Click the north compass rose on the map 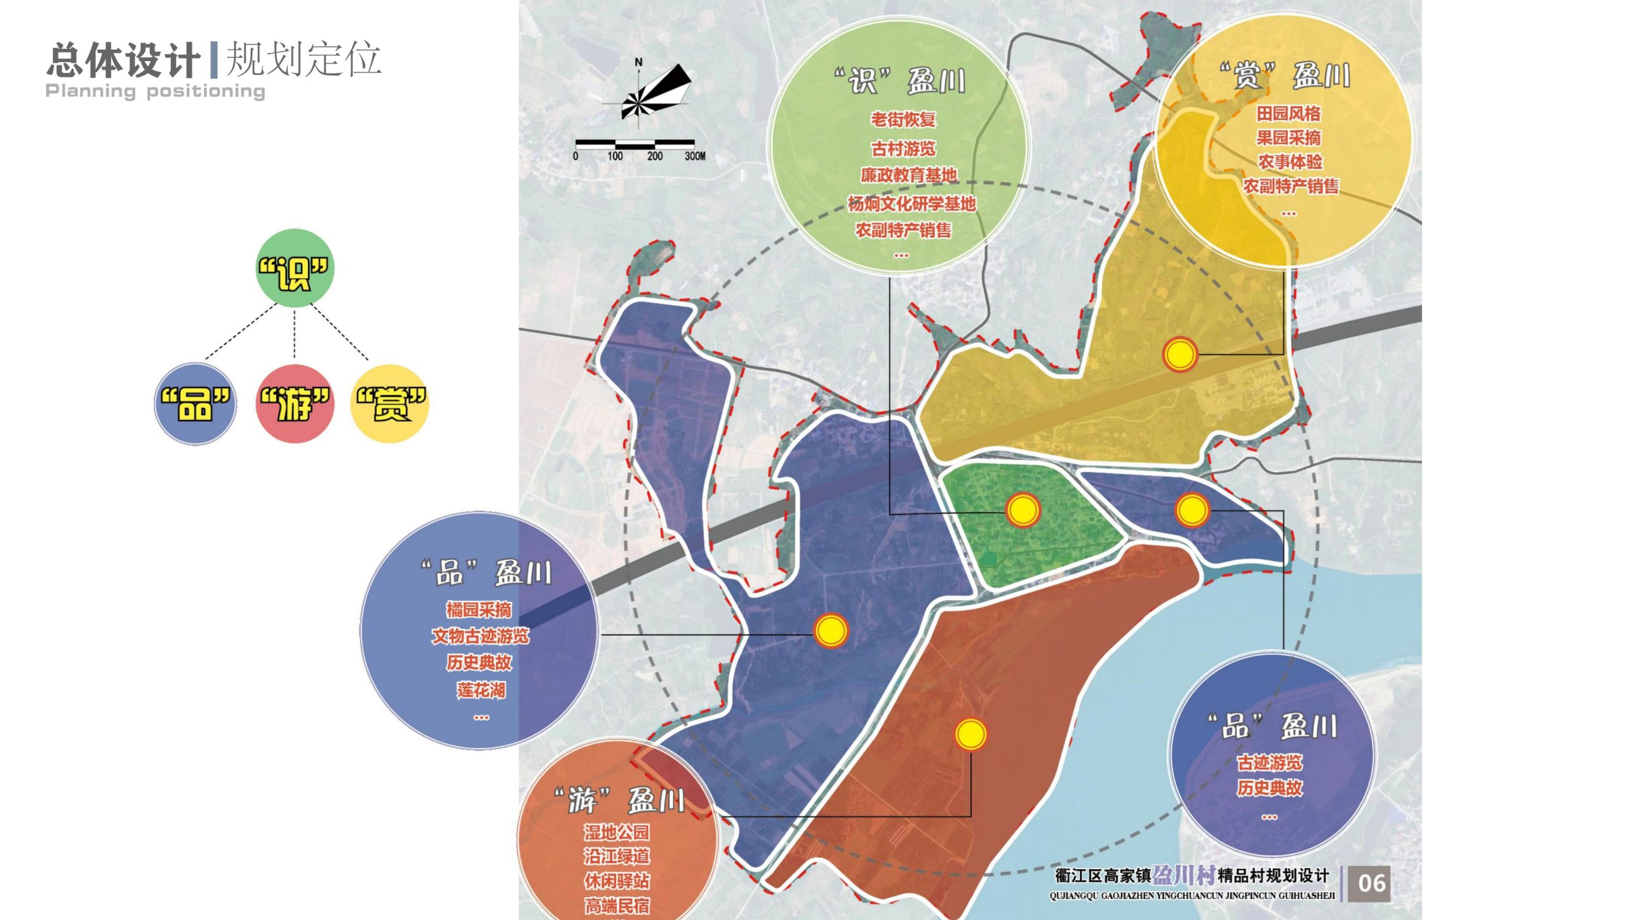pos(648,95)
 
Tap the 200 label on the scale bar pos(654,156)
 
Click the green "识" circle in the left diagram pos(294,269)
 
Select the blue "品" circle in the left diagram pos(195,404)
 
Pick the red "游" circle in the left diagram pos(295,404)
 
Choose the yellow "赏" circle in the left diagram pos(389,404)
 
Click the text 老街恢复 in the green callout pos(903,119)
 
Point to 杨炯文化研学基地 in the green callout pos(911,204)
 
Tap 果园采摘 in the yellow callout pos(1288,138)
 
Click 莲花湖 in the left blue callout pos(481,690)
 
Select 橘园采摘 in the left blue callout pos(478,610)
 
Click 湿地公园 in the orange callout pos(617,832)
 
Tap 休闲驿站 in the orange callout pos(617,881)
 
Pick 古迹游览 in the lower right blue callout pos(1269,762)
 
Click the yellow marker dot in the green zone pos(1023,510)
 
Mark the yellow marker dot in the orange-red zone pos(971,734)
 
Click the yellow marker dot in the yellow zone pos(1179,354)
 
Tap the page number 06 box pos(1371,883)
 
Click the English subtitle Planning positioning pos(155,91)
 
